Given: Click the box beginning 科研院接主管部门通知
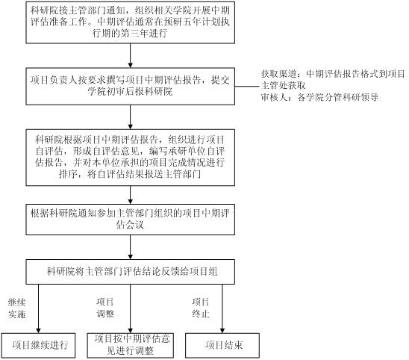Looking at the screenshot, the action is [130, 22].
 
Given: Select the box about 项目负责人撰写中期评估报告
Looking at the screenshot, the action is [130, 87].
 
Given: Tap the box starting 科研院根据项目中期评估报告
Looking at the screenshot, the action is [130, 158].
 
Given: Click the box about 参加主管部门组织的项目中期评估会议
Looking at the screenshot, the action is [130, 220].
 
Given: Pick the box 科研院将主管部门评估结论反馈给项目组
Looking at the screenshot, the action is [130, 272].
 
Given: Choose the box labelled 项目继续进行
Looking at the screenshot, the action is [38, 345].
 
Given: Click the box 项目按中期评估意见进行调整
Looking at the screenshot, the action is [131, 345].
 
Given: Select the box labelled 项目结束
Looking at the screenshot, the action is [222, 345].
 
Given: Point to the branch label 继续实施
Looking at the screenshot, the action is [16, 308].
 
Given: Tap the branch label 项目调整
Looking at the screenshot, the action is [105, 308].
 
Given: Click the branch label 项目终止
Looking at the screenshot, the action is [201, 308].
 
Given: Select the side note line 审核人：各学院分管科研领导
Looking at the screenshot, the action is [319, 97].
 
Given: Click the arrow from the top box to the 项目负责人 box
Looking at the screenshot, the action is [131, 55].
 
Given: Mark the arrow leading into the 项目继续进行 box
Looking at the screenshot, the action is [38, 308].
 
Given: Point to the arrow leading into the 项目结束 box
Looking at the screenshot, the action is [222, 308].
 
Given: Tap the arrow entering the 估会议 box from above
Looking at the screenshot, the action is [131, 195].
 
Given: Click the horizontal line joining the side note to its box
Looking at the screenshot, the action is [248, 87].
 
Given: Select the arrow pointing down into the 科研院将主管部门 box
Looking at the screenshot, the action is [131, 247].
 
